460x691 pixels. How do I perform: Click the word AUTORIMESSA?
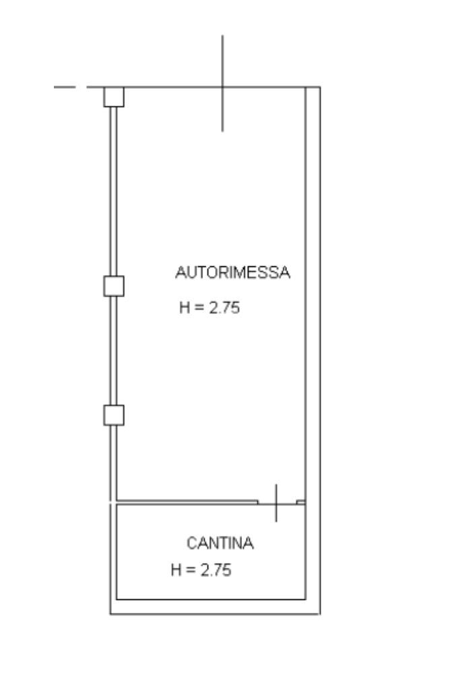232,273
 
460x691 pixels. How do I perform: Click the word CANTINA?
220,543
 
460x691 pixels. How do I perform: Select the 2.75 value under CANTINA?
216,570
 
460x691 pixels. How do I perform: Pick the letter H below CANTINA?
176,570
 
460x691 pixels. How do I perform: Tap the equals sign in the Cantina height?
190,570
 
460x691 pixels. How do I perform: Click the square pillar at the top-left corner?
114,96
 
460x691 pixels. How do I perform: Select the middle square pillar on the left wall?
114,286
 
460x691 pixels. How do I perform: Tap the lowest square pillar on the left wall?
114,415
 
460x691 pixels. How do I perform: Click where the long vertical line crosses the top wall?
223,87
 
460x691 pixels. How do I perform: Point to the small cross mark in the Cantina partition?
276,502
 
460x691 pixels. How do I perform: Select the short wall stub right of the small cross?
300,502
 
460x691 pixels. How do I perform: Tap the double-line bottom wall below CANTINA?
216,607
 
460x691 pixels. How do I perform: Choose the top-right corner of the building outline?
319,88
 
